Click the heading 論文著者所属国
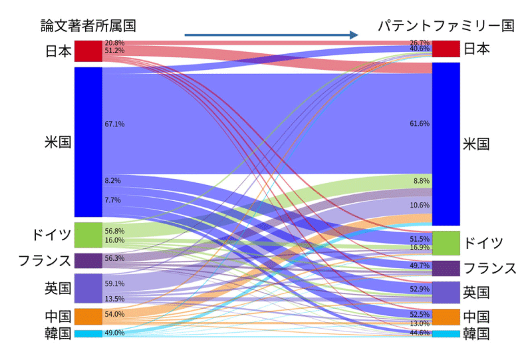87,26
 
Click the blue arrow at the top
272,35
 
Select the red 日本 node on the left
88,51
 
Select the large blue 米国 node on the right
446,144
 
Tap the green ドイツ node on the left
88,235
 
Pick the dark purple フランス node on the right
446,268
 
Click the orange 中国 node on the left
88,316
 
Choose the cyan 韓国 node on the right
446,333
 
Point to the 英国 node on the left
88,288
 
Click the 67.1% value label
114,124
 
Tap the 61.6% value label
420,124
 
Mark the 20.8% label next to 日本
114,43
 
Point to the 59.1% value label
114,283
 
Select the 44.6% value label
420,333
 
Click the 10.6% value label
420,205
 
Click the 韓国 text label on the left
58,333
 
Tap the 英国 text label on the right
476,292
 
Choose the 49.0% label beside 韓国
114,333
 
